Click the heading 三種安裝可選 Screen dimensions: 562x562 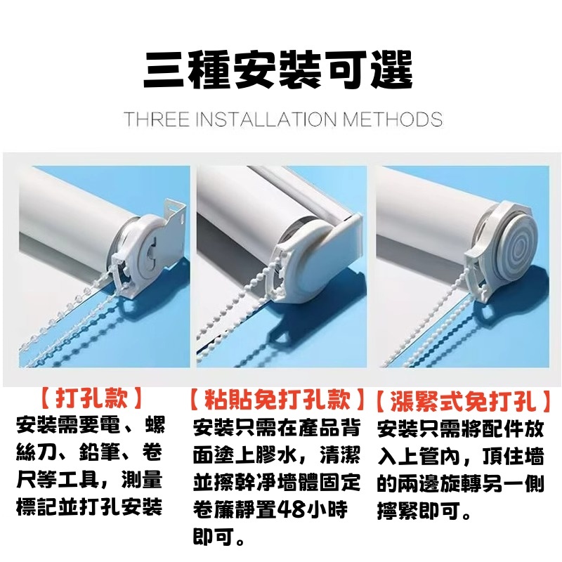(x=277, y=70)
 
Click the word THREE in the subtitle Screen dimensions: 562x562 (x=157, y=119)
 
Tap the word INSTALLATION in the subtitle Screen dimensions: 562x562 (x=266, y=119)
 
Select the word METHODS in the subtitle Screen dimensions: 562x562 (x=393, y=119)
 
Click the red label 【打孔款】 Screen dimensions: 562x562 (x=92, y=398)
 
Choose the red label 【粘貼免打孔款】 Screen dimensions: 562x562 (x=277, y=399)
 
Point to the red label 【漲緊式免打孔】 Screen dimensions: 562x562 (x=463, y=400)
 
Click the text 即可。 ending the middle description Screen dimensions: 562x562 (x=218, y=537)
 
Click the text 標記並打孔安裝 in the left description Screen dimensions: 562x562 (x=89, y=507)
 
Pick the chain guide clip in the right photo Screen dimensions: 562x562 (x=475, y=274)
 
